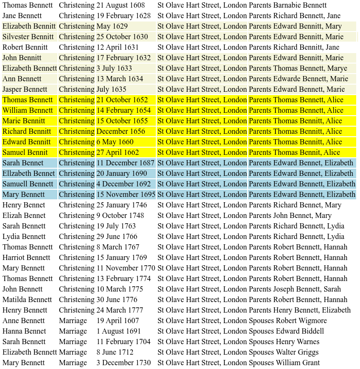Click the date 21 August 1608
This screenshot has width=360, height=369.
(120, 5)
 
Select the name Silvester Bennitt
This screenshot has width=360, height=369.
(28, 37)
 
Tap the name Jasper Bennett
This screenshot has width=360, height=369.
(27, 89)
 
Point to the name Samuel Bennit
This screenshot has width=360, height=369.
(25, 152)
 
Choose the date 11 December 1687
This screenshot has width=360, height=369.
(125, 163)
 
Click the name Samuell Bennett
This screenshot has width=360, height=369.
(28, 184)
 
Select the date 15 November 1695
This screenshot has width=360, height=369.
(126, 195)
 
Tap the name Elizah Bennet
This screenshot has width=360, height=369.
(24, 216)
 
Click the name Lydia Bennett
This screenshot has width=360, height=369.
(24, 237)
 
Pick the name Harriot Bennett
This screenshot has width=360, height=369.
(26, 258)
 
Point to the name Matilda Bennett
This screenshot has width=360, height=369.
(27, 300)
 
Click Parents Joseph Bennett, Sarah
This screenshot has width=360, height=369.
(295, 289)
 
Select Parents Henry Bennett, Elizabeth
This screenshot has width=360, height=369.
(300, 310)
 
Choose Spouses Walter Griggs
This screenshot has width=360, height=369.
(284, 352)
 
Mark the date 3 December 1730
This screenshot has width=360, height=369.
(123, 363)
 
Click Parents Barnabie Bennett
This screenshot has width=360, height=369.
(288, 5)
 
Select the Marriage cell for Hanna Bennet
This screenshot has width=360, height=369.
(73, 331)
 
